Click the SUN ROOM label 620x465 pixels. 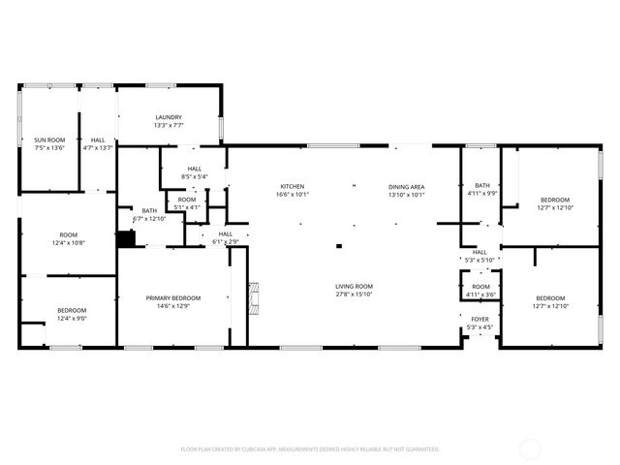[49, 140]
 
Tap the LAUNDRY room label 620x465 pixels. [169, 117]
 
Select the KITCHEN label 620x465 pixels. [293, 186]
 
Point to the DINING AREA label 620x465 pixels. [407, 186]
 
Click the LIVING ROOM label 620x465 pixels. [355, 286]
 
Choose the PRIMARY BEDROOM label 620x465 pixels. [173, 297]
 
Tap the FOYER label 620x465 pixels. [480, 319]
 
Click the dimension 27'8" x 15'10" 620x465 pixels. [355, 294]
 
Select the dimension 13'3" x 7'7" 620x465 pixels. [169, 125]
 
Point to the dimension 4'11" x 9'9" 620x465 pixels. [481, 194]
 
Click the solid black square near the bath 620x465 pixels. [125, 238]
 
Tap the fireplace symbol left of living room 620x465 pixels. [255, 299]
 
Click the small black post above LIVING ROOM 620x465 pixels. [338, 246]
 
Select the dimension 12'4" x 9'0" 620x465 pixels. [72, 318]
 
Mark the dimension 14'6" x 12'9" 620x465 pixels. [173, 306]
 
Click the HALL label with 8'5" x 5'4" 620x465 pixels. [195, 169]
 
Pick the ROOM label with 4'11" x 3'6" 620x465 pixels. [480, 287]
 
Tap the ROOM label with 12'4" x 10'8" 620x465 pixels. [68, 234]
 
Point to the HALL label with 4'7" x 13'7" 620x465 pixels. [98, 140]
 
